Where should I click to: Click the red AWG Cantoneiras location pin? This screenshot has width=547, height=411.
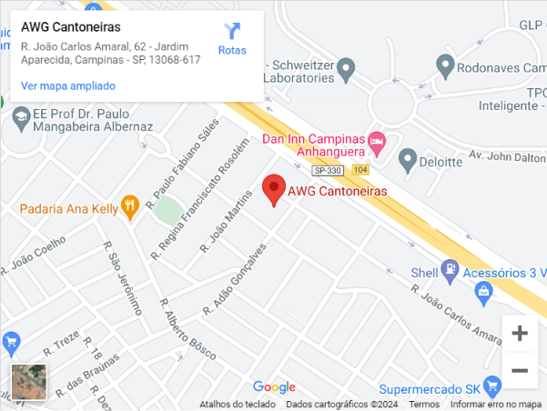[273, 189]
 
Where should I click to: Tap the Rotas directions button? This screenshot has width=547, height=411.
[232, 39]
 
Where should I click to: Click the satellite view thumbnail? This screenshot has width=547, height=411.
[28, 383]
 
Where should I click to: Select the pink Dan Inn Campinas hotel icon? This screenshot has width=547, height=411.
[378, 140]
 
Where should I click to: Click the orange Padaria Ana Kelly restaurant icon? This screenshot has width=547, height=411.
[131, 207]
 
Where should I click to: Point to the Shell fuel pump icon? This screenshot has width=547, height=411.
[449, 269]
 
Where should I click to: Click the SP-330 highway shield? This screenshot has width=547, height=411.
[329, 170]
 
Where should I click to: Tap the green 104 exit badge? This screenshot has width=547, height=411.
[361, 170]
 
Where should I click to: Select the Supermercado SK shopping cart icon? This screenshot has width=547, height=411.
[492, 384]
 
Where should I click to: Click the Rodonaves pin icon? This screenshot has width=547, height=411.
[445, 65]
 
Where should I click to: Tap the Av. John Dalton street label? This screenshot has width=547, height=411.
[507, 155]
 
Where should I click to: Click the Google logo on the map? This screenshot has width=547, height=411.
[274, 387]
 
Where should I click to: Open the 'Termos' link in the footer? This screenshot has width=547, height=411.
[423, 405]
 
